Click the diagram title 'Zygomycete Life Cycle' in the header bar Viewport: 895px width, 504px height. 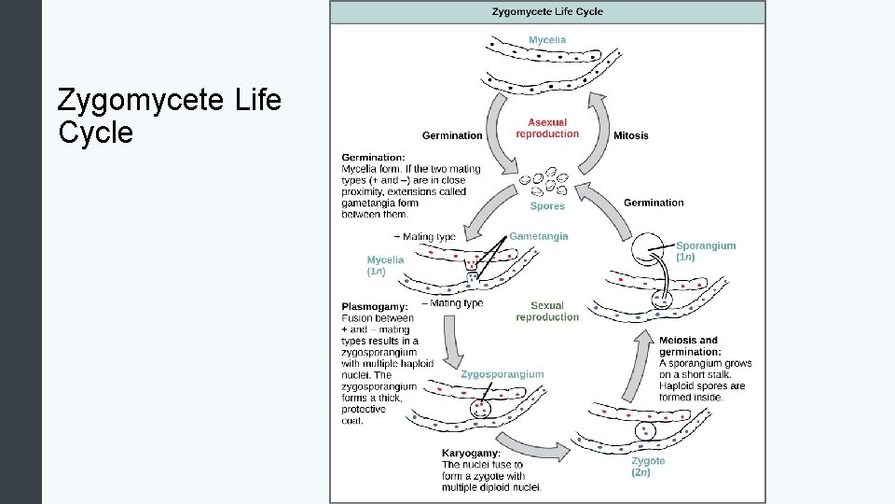point(547,12)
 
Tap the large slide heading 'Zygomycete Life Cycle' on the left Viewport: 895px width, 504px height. point(169,116)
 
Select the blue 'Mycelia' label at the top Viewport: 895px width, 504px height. point(547,40)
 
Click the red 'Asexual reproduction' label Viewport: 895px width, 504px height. point(547,128)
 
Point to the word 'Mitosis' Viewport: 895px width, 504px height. point(631,135)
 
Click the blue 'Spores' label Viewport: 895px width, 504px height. point(547,206)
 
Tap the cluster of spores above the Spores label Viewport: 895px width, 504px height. point(544,181)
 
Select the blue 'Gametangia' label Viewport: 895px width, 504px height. point(538,236)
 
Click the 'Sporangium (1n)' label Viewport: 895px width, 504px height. point(705,251)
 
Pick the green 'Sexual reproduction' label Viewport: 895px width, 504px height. point(547,311)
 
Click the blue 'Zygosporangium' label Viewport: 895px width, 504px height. point(502,374)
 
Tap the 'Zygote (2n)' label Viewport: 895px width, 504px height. point(648,467)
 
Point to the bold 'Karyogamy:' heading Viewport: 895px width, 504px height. point(471,453)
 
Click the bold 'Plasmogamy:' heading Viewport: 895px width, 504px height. point(374,306)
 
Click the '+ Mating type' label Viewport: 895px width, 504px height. point(425,236)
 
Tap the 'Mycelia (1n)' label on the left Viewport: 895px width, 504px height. point(385,265)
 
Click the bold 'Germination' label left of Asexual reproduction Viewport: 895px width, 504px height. point(452,135)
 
